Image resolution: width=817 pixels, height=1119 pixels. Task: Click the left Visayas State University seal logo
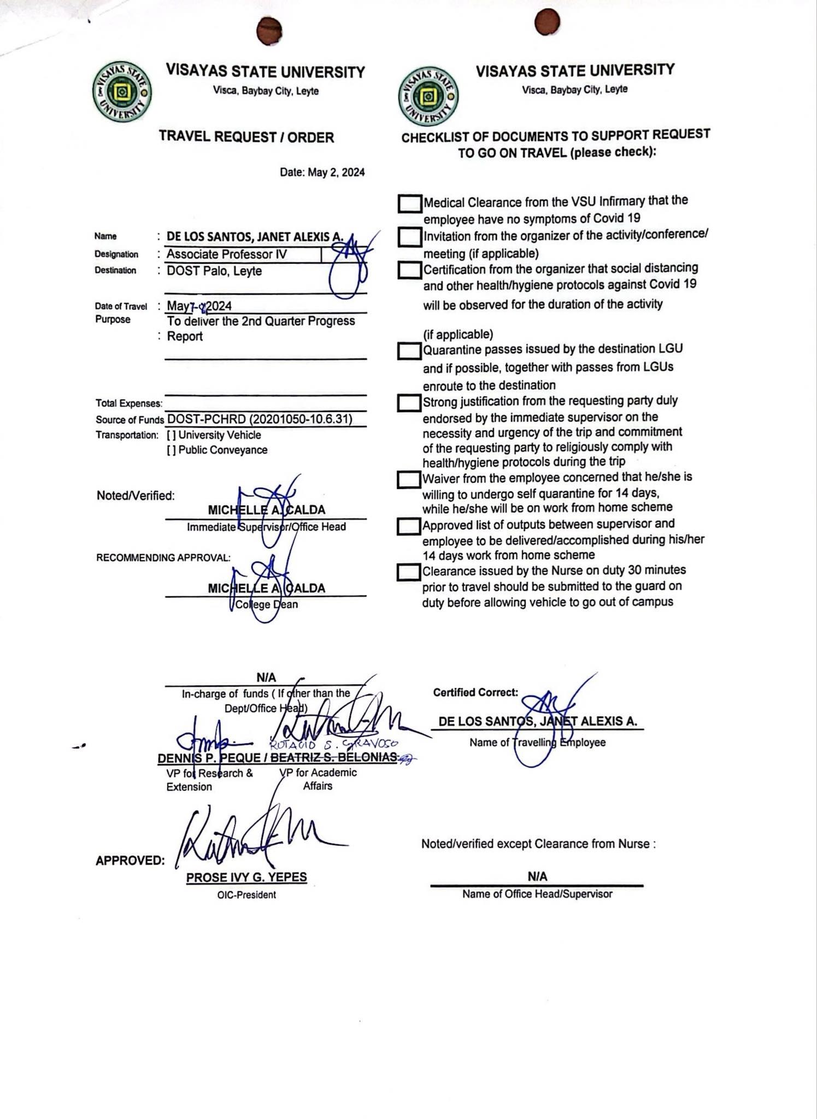click(122, 92)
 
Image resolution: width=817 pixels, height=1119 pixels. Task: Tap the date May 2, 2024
click(322, 173)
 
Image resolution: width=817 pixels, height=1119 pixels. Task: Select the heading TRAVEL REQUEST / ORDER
click(246, 137)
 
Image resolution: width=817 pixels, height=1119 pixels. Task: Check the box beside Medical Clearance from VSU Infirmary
click(410, 204)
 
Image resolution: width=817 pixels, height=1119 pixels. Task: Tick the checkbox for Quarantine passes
click(409, 351)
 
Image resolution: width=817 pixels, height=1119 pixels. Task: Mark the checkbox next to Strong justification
click(409, 403)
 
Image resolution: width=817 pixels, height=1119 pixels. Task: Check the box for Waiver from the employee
click(409, 480)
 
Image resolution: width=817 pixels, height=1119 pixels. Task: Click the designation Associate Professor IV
click(226, 255)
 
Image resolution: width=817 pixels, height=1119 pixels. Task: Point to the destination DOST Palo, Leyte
click(214, 272)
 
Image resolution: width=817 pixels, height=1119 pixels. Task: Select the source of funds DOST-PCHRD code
click(260, 419)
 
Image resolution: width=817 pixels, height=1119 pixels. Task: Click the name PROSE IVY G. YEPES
click(246, 877)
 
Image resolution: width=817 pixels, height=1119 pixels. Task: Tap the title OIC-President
click(246, 895)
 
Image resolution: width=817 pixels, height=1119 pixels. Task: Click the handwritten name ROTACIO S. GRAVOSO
click(334, 744)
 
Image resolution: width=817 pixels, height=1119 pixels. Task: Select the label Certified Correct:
click(475, 693)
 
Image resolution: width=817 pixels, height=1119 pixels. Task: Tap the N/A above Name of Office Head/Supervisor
click(537, 876)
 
